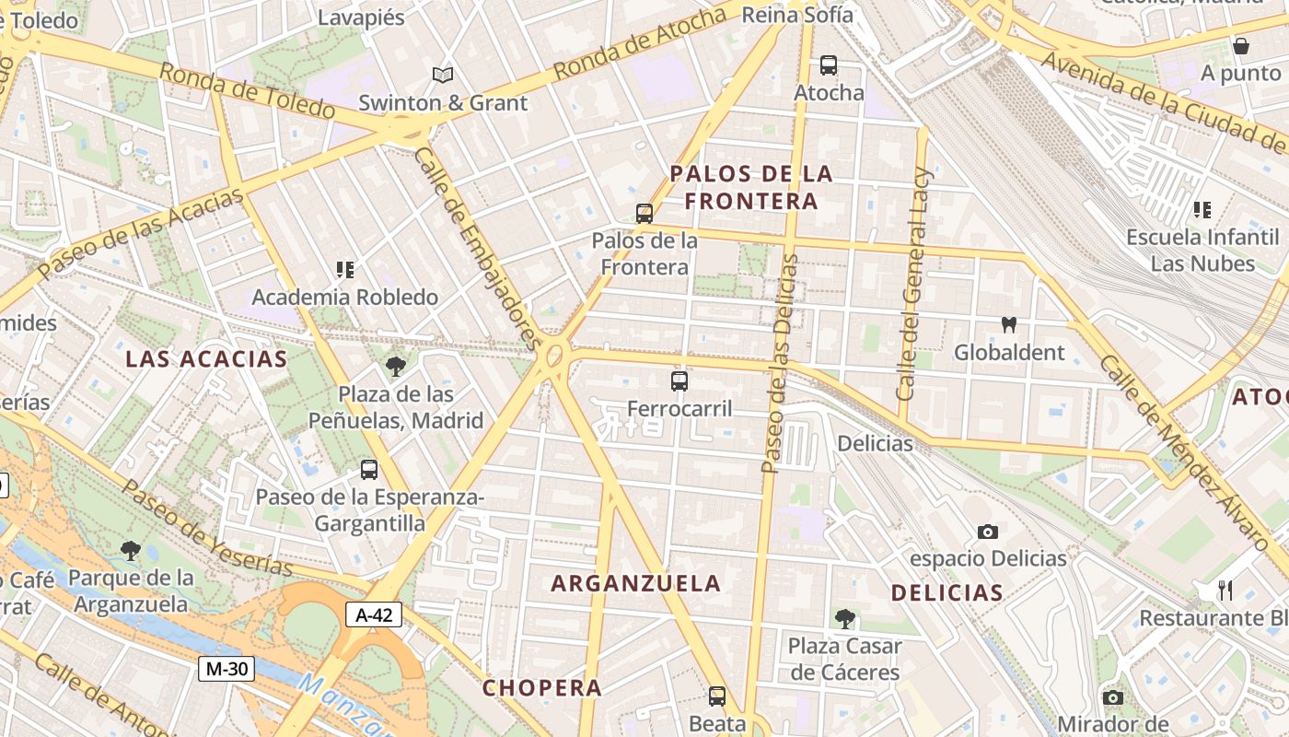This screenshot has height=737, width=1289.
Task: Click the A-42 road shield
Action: coord(374,615)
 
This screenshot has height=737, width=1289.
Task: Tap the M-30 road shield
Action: coord(226,669)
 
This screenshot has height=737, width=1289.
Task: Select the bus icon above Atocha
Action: coord(829,65)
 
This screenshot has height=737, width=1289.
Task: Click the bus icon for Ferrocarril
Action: coord(679,380)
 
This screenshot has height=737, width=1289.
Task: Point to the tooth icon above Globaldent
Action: coord(1009,325)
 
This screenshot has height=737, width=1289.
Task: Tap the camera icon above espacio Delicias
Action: coord(988,532)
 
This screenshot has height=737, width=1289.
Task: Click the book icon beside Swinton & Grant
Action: coord(443,76)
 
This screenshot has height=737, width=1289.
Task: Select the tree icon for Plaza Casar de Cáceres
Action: coord(844,619)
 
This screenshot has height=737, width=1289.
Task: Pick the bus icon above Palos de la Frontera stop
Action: coord(644,214)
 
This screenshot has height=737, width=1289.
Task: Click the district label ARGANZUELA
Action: coord(635,583)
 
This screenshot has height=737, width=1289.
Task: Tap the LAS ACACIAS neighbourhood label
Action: coord(206,359)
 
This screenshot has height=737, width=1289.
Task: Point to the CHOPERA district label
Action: coord(542,688)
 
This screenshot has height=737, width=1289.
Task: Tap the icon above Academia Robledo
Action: coord(345,270)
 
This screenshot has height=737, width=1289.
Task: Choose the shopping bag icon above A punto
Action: coord(1241,46)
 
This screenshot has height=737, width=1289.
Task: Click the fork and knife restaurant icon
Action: coord(1225,590)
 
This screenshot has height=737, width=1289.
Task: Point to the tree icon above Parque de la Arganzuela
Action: coord(131,551)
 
